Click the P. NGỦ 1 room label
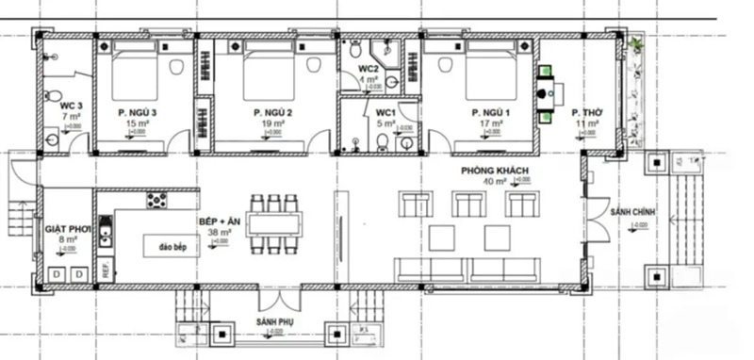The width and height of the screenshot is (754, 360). click(x=490, y=112)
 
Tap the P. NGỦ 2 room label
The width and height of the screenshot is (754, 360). click(x=272, y=112)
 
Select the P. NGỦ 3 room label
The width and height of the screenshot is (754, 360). click(x=138, y=112)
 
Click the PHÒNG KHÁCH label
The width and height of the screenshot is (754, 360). click(x=494, y=171)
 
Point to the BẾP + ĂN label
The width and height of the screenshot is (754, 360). click(x=219, y=220)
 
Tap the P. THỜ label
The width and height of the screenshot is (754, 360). click(x=587, y=112)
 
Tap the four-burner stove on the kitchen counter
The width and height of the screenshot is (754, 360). click(x=156, y=200)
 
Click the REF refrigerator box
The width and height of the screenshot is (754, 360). click(x=106, y=269)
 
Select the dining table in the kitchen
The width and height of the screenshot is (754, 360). click(x=274, y=224)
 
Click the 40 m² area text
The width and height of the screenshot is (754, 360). click(x=494, y=181)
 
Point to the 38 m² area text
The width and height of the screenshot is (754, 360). click(x=219, y=231)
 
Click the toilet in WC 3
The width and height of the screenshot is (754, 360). click(x=54, y=96)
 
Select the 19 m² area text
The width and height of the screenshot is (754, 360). click(x=272, y=123)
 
